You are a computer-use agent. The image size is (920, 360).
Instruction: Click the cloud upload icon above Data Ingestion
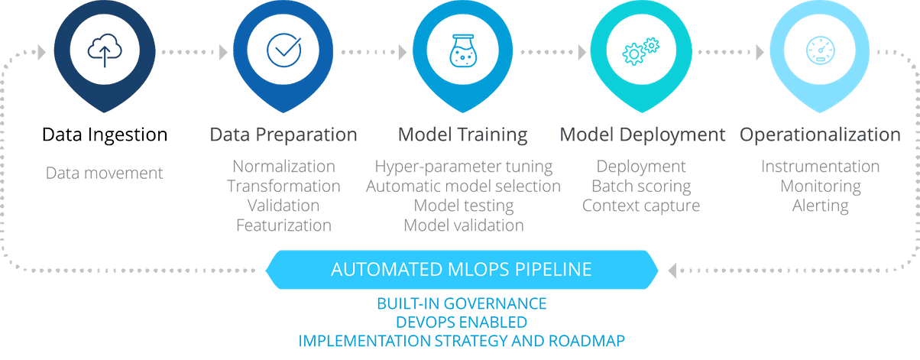point(104,51)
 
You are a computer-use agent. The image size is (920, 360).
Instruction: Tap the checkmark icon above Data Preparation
point(283,51)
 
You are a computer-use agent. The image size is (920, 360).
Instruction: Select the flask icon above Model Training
point(462,51)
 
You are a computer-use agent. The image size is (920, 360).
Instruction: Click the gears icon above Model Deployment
point(640,51)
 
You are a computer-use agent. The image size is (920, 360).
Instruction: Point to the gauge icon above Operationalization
point(819,51)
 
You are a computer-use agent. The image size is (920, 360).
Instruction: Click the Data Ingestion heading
point(105,135)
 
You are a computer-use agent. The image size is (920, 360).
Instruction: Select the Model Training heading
point(462,135)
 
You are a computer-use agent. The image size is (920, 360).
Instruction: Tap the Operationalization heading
point(819,135)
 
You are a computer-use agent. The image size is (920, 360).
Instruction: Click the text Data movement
point(105,172)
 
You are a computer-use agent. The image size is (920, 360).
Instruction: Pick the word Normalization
point(283,166)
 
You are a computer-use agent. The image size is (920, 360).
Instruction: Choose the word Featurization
point(283,225)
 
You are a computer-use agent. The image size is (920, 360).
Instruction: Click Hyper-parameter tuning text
point(463,166)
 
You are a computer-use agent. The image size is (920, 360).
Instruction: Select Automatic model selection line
point(463,186)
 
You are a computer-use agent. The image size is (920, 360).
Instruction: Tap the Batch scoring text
point(641,186)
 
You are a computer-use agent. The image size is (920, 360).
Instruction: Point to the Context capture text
point(641,206)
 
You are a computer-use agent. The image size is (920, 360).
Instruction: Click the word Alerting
point(820,206)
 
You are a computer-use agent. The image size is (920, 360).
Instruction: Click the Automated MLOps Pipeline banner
point(462,269)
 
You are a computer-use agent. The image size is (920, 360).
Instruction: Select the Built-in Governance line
point(462,304)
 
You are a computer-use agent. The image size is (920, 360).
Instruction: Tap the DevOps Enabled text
point(462,322)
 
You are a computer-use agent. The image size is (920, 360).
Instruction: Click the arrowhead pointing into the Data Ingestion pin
point(41,52)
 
